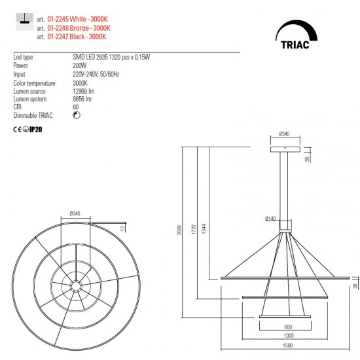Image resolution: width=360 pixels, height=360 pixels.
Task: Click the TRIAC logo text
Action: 295,45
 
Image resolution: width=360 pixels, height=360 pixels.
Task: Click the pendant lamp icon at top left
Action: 25,22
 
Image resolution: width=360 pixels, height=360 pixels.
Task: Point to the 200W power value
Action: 80,65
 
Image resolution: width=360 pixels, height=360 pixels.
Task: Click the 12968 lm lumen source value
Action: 84,92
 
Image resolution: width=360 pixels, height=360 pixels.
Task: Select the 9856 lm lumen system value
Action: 82,99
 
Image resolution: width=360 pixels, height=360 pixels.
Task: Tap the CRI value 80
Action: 76,107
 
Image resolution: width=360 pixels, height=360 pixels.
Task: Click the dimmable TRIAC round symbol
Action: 77,115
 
